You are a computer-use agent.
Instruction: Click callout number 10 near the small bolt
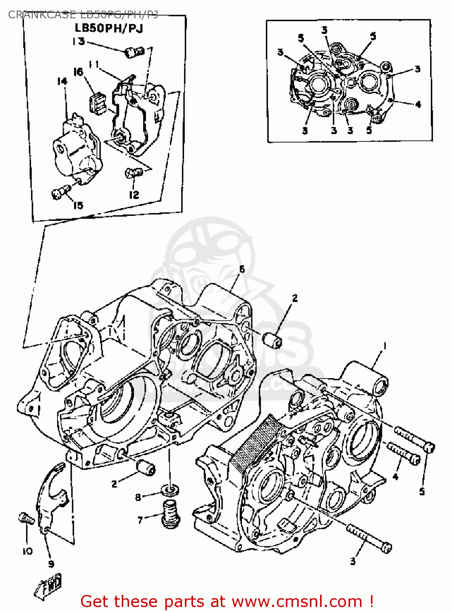[x=27, y=551]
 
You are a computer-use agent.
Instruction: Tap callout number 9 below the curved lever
[x=51, y=564]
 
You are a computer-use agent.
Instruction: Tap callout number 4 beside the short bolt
[x=395, y=476]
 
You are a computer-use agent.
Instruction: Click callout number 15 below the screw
[x=78, y=205]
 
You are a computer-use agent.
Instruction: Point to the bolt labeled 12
[x=133, y=173]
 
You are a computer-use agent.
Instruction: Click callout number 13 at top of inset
[x=78, y=41]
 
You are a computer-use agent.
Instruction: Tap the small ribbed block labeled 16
[x=97, y=102]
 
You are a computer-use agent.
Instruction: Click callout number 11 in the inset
[x=94, y=65]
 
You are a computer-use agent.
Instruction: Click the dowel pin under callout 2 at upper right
[x=272, y=340]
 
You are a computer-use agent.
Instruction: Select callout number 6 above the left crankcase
[x=242, y=269]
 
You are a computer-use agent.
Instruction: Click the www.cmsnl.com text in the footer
[x=297, y=601]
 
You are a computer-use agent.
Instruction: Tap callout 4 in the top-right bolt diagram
[x=418, y=105]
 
